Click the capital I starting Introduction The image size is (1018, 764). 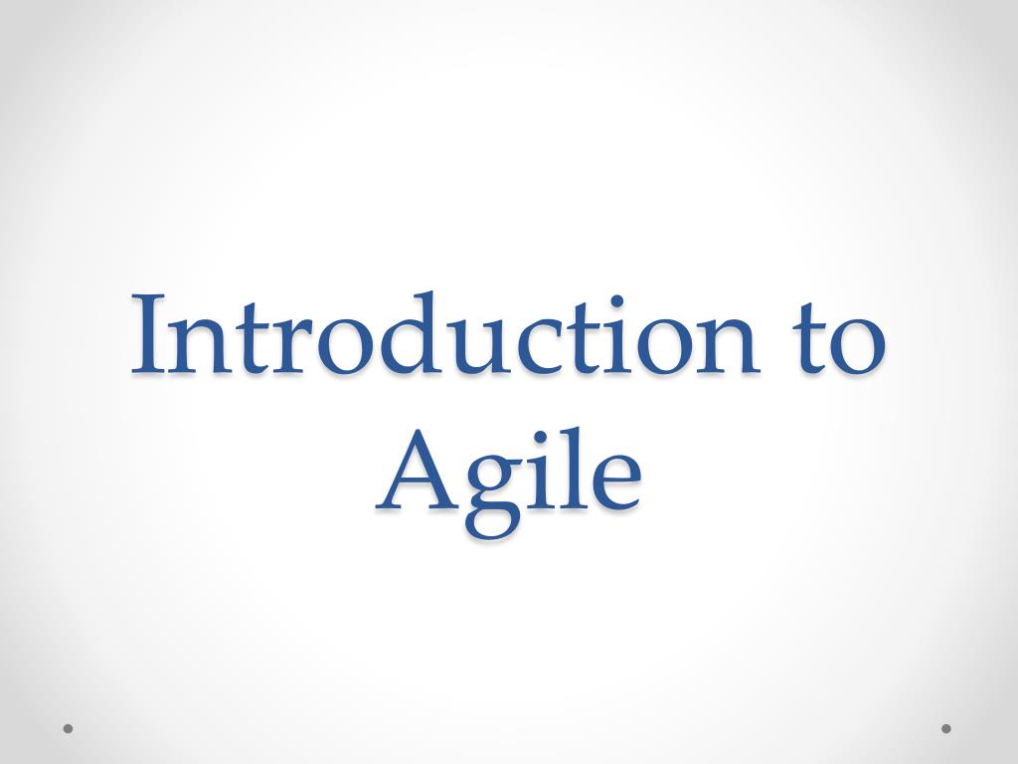(150, 336)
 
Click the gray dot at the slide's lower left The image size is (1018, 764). (69, 728)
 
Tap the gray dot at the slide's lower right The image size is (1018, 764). (946, 728)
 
